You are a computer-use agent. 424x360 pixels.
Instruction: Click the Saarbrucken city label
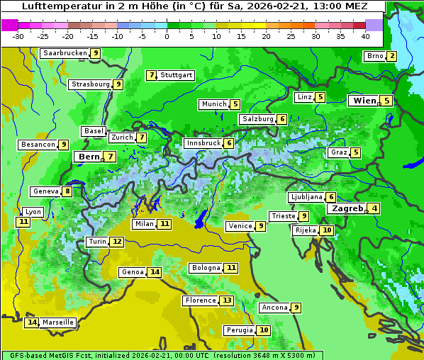click(65, 53)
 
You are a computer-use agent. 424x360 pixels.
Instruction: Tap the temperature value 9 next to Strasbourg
click(118, 84)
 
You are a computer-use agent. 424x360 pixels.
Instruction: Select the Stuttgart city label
click(176, 75)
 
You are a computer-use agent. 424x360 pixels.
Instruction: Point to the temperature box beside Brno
click(391, 56)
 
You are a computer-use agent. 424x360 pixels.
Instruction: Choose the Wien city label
click(364, 101)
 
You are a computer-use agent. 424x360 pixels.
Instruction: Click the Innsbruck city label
click(203, 143)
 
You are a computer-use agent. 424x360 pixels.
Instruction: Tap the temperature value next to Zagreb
click(374, 208)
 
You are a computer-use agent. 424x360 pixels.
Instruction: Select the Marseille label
click(57, 322)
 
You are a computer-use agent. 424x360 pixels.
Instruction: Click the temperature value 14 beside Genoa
click(155, 272)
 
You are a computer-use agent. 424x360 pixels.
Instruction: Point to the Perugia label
click(238, 330)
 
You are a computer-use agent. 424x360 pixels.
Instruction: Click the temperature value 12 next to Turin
click(117, 242)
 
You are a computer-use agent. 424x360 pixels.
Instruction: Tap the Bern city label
click(89, 157)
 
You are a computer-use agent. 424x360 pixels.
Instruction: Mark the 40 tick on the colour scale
click(365, 36)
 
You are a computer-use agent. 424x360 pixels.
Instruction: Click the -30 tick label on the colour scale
click(18, 36)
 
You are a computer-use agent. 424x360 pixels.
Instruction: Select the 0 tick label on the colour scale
click(167, 36)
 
